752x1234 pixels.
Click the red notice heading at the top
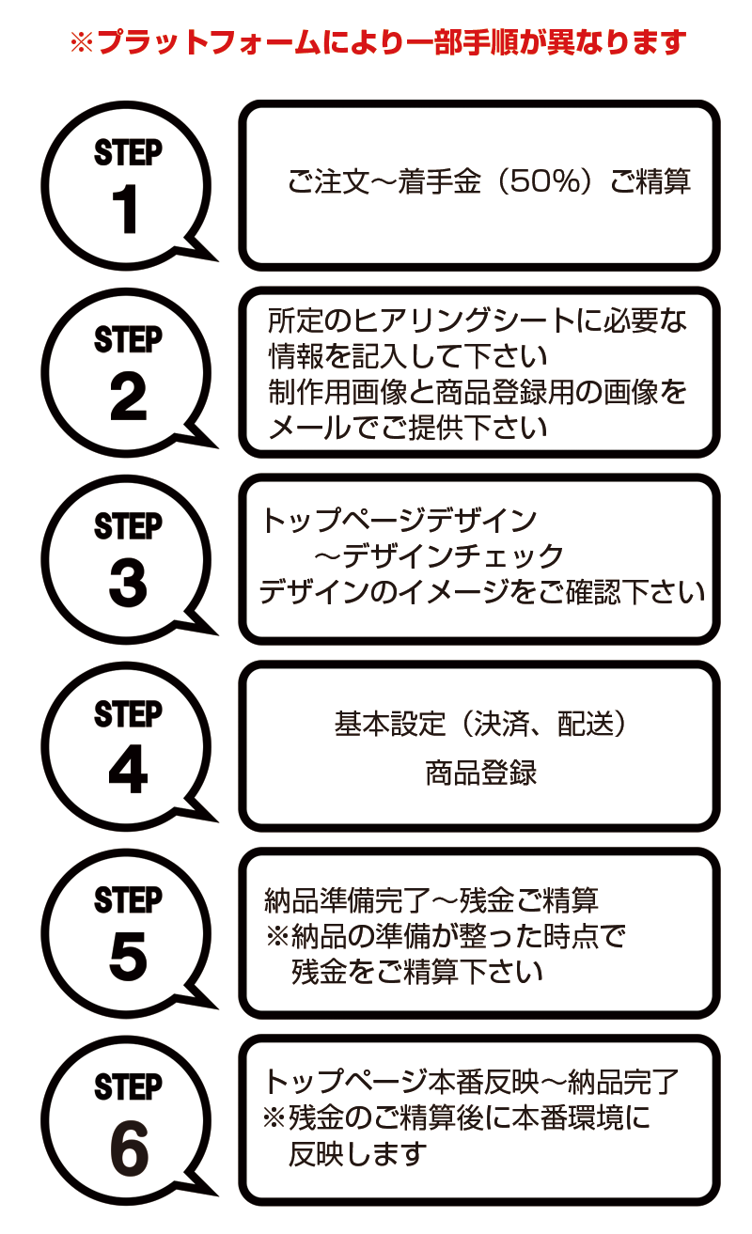[x=378, y=42]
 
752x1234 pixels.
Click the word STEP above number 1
[x=129, y=152]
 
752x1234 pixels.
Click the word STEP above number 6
[x=129, y=1087]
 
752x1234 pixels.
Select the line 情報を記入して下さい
[x=407, y=356]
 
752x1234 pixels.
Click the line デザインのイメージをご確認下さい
[x=481, y=593]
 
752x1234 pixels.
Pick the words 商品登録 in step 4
[x=480, y=773]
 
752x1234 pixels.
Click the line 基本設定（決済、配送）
[x=480, y=724]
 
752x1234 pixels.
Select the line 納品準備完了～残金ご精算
[x=432, y=900]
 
